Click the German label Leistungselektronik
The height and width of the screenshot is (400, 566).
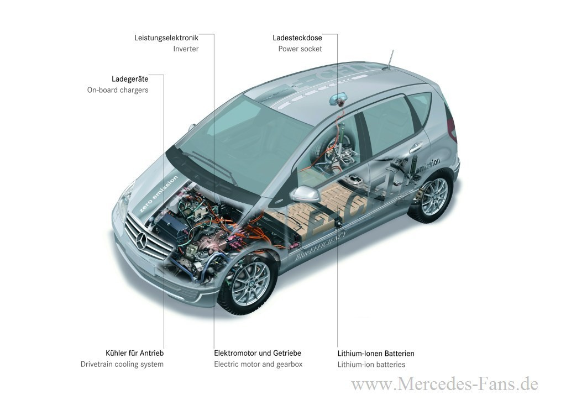point(166,38)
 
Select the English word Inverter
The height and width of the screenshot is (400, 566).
point(186,49)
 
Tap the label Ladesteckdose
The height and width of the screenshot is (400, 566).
point(297,38)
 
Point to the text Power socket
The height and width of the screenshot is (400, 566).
point(300,49)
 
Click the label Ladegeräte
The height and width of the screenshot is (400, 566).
point(130,79)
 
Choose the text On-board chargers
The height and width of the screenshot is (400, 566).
point(118,90)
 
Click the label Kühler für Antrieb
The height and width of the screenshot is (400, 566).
point(135,353)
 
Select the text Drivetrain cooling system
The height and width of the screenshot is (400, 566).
point(122,364)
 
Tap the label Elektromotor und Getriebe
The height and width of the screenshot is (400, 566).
point(258,353)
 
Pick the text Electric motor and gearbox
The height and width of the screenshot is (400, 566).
point(259,364)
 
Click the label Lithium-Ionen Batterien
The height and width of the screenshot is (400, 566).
point(376,354)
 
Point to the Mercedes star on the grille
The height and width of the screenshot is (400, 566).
point(141,240)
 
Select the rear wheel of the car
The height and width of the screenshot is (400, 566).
point(431,197)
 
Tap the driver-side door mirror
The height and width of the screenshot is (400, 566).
point(305,194)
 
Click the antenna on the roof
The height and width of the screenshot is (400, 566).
point(389,60)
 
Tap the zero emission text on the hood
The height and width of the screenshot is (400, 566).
point(159,194)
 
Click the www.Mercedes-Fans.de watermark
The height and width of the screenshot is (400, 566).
point(445,384)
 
